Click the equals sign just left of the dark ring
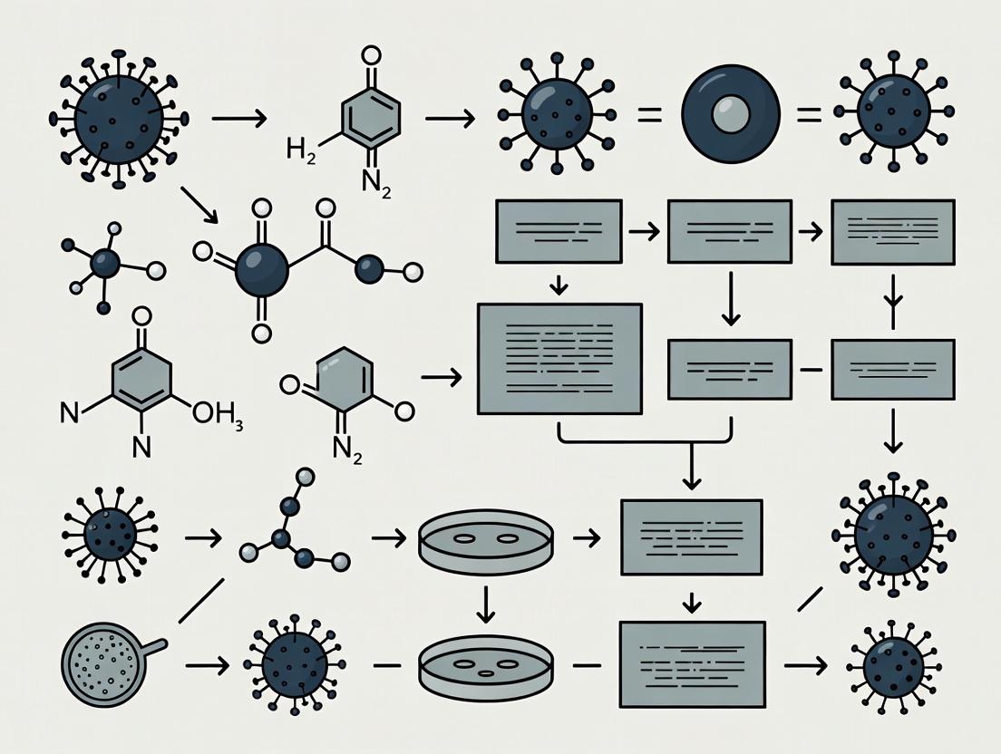[x=647, y=115]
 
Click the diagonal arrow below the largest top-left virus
[x=199, y=204]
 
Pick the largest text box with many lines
[x=559, y=358]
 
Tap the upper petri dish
[x=485, y=538]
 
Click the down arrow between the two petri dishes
[x=486, y=604]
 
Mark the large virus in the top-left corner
[x=118, y=118]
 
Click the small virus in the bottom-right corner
[x=893, y=668]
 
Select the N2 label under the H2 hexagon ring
[x=374, y=182]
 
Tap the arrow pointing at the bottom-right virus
[x=805, y=666]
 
